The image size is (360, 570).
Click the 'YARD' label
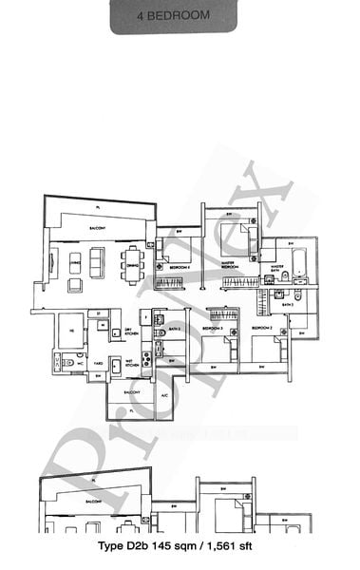click(x=97, y=362)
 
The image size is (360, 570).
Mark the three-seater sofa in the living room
click(x=53, y=262)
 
